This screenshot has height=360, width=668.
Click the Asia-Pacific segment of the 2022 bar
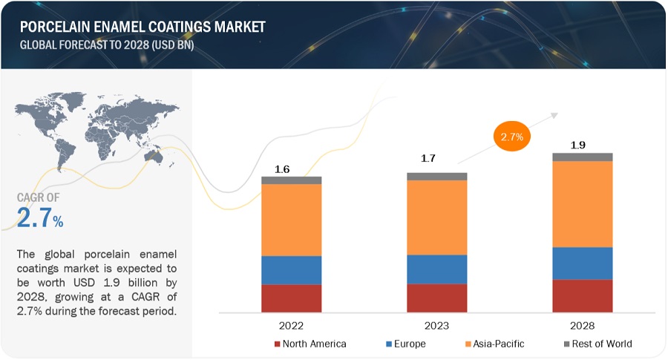click(291, 220)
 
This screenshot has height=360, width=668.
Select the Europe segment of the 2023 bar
click(436, 269)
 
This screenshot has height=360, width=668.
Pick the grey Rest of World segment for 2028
click(582, 157)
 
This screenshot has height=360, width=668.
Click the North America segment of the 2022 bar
click(291, 298)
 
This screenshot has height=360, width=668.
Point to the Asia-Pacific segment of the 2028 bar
click(582, 203)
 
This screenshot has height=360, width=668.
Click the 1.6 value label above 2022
click(282, 169)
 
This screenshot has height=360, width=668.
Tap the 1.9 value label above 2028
click(579, 145)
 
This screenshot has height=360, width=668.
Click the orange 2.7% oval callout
click(513, 137)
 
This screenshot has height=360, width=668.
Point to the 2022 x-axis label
click(291, 325)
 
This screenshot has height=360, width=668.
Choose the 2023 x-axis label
click(436, 325)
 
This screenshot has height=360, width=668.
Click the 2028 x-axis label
click(582, 325)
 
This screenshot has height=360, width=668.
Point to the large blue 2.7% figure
click(40, 217)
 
